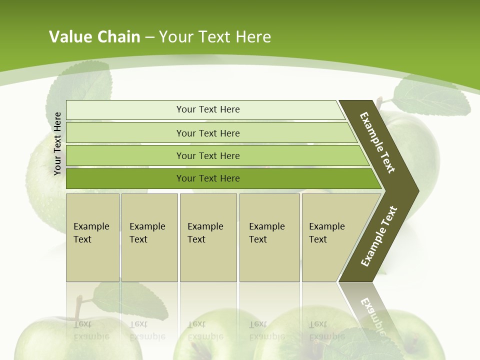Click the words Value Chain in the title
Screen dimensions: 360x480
point(94,37)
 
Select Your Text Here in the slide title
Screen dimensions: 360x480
point(215,37)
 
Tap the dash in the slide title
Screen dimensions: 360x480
point(149,37)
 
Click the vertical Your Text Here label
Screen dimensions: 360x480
point(57,143)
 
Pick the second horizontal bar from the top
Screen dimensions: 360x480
point(207,133)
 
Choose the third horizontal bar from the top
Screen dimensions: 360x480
point(207,155)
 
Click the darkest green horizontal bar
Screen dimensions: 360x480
point(207,178)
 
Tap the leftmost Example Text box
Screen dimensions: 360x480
point(92,237)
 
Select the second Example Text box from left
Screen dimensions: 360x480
point(149,237)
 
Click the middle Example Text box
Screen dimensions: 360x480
point(208,237)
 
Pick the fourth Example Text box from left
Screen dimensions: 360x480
point(269,237)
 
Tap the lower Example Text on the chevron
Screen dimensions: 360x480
point(378,236)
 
